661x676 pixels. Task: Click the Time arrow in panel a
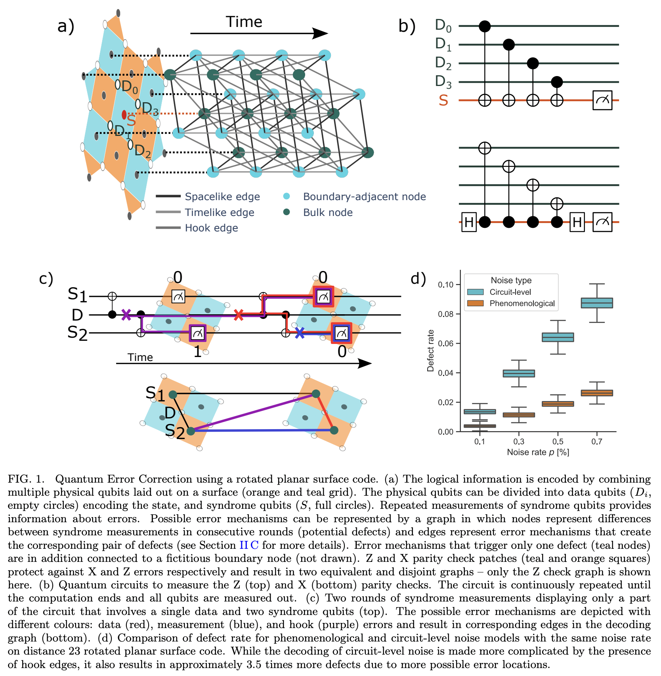[259, 33]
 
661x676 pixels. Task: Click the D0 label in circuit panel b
[443, 25]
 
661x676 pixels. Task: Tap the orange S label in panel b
[443, 101]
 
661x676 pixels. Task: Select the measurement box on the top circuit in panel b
[602, 100]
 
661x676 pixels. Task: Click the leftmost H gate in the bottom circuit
[469, 222]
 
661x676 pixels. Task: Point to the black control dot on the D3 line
[557, 82]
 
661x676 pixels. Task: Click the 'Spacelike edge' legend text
[222, 197]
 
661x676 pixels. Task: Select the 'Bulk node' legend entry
[327, 212]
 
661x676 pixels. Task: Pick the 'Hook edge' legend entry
[211, 228]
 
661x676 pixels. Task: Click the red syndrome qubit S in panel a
[124, 115]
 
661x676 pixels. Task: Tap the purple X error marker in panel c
[126, 315]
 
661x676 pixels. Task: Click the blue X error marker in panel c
[300, 333]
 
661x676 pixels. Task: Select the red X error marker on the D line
[238, 315]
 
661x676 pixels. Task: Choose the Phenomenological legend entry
[522, 304]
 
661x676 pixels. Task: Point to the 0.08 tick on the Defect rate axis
[446, 314]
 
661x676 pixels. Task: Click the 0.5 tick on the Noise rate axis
[558, 441]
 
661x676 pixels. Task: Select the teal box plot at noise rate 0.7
[597, 303]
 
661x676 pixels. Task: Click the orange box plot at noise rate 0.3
[519, 415]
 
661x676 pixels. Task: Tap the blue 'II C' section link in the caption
[249, 545]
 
